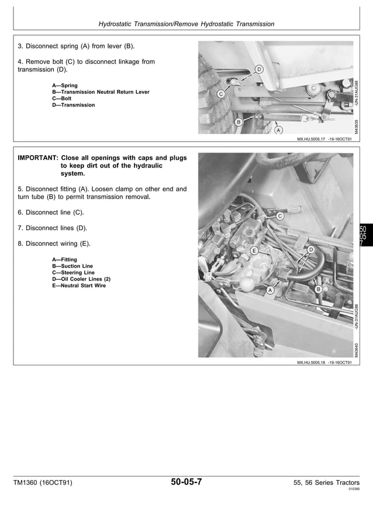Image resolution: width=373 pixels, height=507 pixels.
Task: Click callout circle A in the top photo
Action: [278, 130]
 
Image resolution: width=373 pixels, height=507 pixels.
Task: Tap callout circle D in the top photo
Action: [259, 70]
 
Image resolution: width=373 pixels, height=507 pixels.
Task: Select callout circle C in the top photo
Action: [221, 94]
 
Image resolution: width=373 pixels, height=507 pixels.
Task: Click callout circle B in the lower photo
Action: [318, 289]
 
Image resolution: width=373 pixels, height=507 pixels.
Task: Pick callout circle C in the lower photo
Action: [279, 216]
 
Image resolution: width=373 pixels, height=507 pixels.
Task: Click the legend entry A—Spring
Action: [65, 85]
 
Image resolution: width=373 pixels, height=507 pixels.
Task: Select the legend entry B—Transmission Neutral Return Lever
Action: [101, 92]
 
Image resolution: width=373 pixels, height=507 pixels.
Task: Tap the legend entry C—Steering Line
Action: [73, 273]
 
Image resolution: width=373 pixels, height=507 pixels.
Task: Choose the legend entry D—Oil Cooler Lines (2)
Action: [81, 279]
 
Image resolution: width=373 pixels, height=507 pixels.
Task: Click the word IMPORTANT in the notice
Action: [37, 158]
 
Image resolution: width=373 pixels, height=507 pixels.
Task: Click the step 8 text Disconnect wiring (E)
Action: [54, 244]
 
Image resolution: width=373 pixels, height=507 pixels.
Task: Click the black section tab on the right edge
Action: [363, 237]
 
